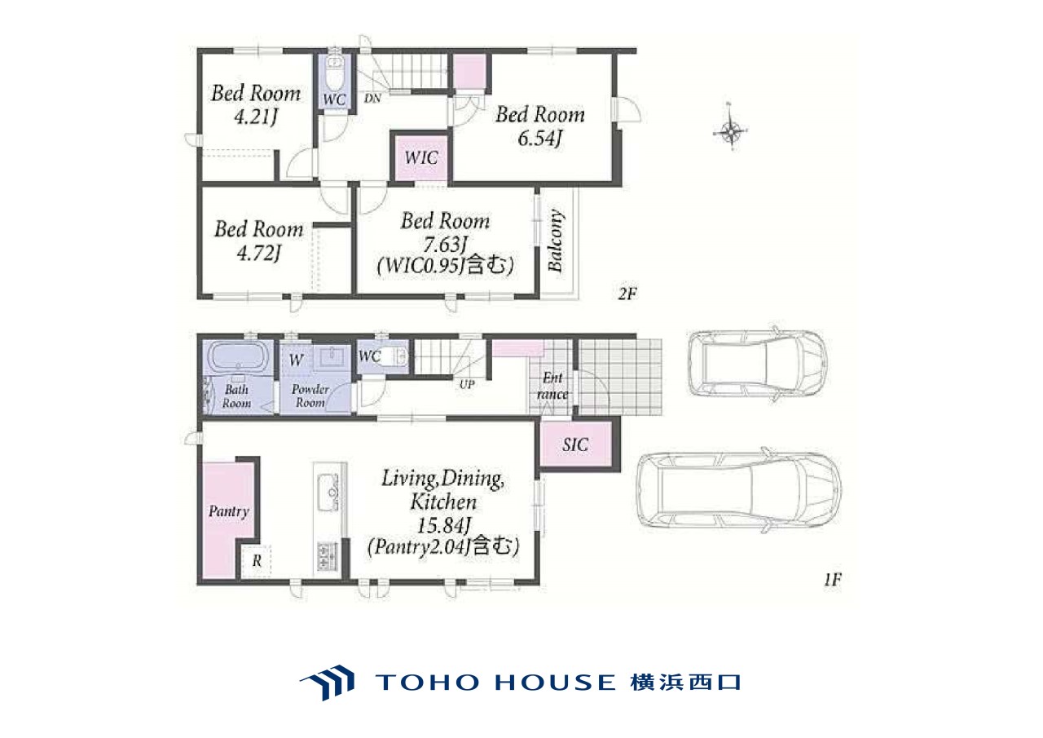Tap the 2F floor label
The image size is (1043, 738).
pos(627,294)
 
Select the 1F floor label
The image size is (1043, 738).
pos(833,580)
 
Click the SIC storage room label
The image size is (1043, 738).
pos(575,444)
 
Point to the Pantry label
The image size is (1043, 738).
pos(229,511)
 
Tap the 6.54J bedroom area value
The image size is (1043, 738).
pos(539,139)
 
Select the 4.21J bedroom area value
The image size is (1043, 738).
pos(256,117)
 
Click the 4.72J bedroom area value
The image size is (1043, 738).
pos(259,253)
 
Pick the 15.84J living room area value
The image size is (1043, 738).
pos(443,525)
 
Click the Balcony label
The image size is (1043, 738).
pos(555,241)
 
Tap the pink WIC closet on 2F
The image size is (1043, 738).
pos(421,157)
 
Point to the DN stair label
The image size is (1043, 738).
pos(372,99)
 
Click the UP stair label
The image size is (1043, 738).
pos(467,384)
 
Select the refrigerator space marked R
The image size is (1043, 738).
pos(256,560)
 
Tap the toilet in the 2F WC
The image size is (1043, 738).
pos(334,73)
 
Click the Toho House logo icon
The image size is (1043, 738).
pos(327,682)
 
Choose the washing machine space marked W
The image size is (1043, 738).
pos(296,360)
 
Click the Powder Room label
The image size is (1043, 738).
pos(310,396)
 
